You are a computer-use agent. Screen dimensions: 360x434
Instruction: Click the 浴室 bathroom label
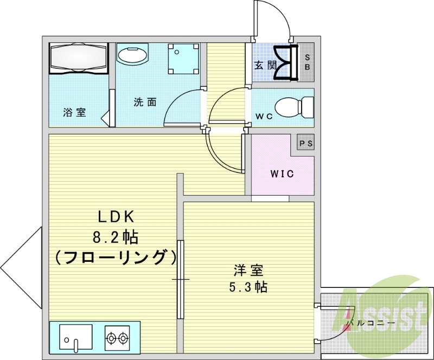coord(74,113)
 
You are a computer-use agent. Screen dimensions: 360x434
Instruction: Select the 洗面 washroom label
coord(145,102)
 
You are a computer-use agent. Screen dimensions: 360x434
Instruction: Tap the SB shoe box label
coord(307,62)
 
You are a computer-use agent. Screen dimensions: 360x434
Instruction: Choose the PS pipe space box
coord(306,144)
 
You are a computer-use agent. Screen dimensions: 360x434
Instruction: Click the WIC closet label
coord(282,174)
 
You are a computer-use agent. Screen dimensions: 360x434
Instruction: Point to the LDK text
coord(115,217)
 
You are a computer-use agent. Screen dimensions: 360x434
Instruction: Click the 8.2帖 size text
coord(115,237)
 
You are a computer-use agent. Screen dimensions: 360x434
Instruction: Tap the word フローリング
coord(116,256)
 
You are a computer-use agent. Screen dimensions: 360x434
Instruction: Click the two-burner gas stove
coord(117,338)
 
